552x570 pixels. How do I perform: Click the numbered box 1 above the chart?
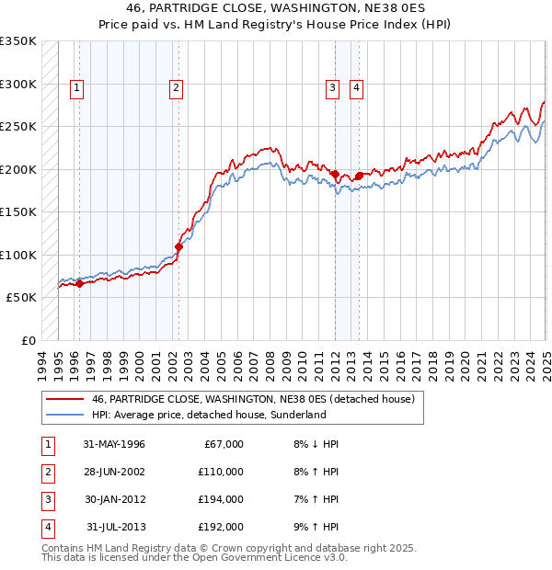click(x=76, y=88)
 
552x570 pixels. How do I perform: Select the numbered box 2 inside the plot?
click(x=176, y=88)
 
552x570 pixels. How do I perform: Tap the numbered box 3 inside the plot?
click(x=331, y=88)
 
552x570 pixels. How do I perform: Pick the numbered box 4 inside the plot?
click(x=355, y=88)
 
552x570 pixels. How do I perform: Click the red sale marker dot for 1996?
click(x=79, y=283)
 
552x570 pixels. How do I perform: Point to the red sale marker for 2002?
click(x=178, y=246)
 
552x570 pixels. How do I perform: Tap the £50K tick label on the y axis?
click(x=22, y=298)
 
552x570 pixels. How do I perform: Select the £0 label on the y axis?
click(x=29, y=341)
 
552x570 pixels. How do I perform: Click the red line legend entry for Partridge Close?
click(x=253, y=399)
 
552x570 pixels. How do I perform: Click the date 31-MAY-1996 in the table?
click(x=114, y=444)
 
